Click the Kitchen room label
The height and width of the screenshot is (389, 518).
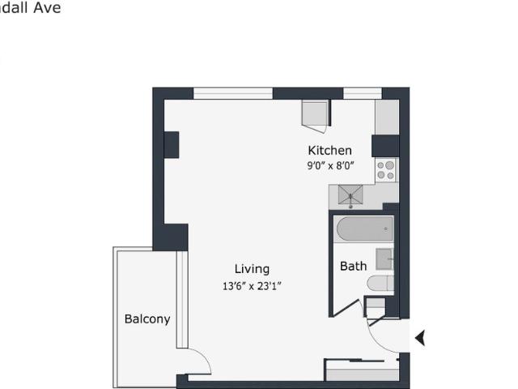[329, 150]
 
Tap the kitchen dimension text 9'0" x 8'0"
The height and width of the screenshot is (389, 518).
[329, 165]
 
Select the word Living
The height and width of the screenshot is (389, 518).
[252, 269]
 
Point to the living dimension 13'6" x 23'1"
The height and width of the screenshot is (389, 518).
[252, 285]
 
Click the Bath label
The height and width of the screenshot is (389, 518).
[353, 266]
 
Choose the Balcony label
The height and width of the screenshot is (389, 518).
[147, 318]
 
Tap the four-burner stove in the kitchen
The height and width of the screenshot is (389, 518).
[385, 169]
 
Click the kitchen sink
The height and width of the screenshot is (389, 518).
[350, 195]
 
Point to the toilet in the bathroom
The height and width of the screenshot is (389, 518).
[380, 283]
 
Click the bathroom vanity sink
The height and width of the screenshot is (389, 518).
[384, 260]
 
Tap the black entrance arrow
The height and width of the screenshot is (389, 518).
[420, 337]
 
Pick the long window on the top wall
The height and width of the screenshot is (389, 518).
[233, 93]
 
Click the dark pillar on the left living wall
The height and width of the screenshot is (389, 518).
[171, 145]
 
